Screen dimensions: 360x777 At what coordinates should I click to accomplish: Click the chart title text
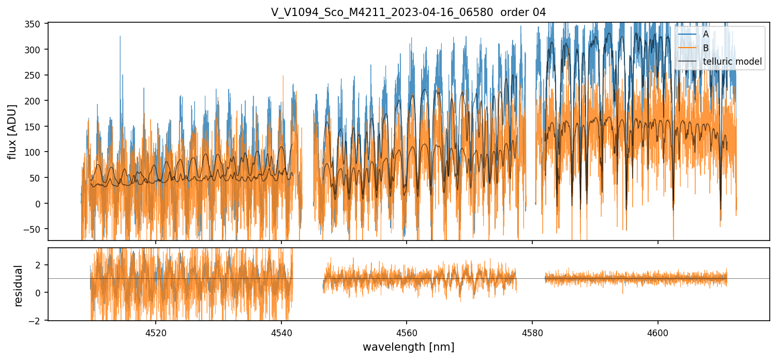coord(408,12)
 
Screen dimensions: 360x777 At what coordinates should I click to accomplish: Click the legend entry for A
coord(706,34)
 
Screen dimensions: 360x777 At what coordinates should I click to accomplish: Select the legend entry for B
coord(706,48)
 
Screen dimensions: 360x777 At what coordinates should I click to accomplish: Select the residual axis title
coord(19,286)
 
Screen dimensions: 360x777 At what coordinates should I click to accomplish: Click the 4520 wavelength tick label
coord(156,333)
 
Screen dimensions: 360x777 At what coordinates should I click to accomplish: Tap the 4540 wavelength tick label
coord(281,333)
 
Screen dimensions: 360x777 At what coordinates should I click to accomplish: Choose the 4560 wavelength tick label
coord(407,333)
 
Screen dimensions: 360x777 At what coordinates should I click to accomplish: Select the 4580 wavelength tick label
coord(532,333)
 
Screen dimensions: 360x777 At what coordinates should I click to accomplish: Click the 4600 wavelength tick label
coord(658,333)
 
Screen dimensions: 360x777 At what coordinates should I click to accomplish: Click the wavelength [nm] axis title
coord(408,347)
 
